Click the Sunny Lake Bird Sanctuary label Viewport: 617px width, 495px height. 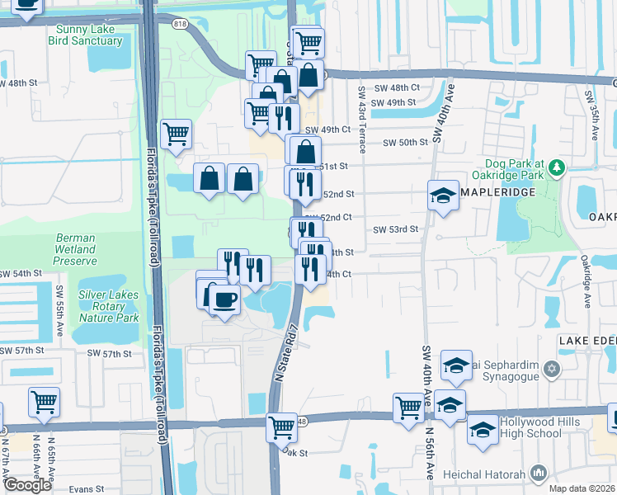86,34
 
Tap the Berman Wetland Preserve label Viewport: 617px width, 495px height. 76,248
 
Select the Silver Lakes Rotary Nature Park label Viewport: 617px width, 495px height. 109,306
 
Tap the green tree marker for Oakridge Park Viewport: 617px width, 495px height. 558,168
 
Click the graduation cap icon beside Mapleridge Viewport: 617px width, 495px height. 443,196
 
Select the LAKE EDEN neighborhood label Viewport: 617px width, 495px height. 587,341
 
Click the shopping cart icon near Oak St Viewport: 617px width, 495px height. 281,427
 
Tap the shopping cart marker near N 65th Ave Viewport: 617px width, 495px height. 44,402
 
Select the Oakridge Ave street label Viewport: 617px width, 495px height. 586,280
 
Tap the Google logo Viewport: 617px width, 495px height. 27,485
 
